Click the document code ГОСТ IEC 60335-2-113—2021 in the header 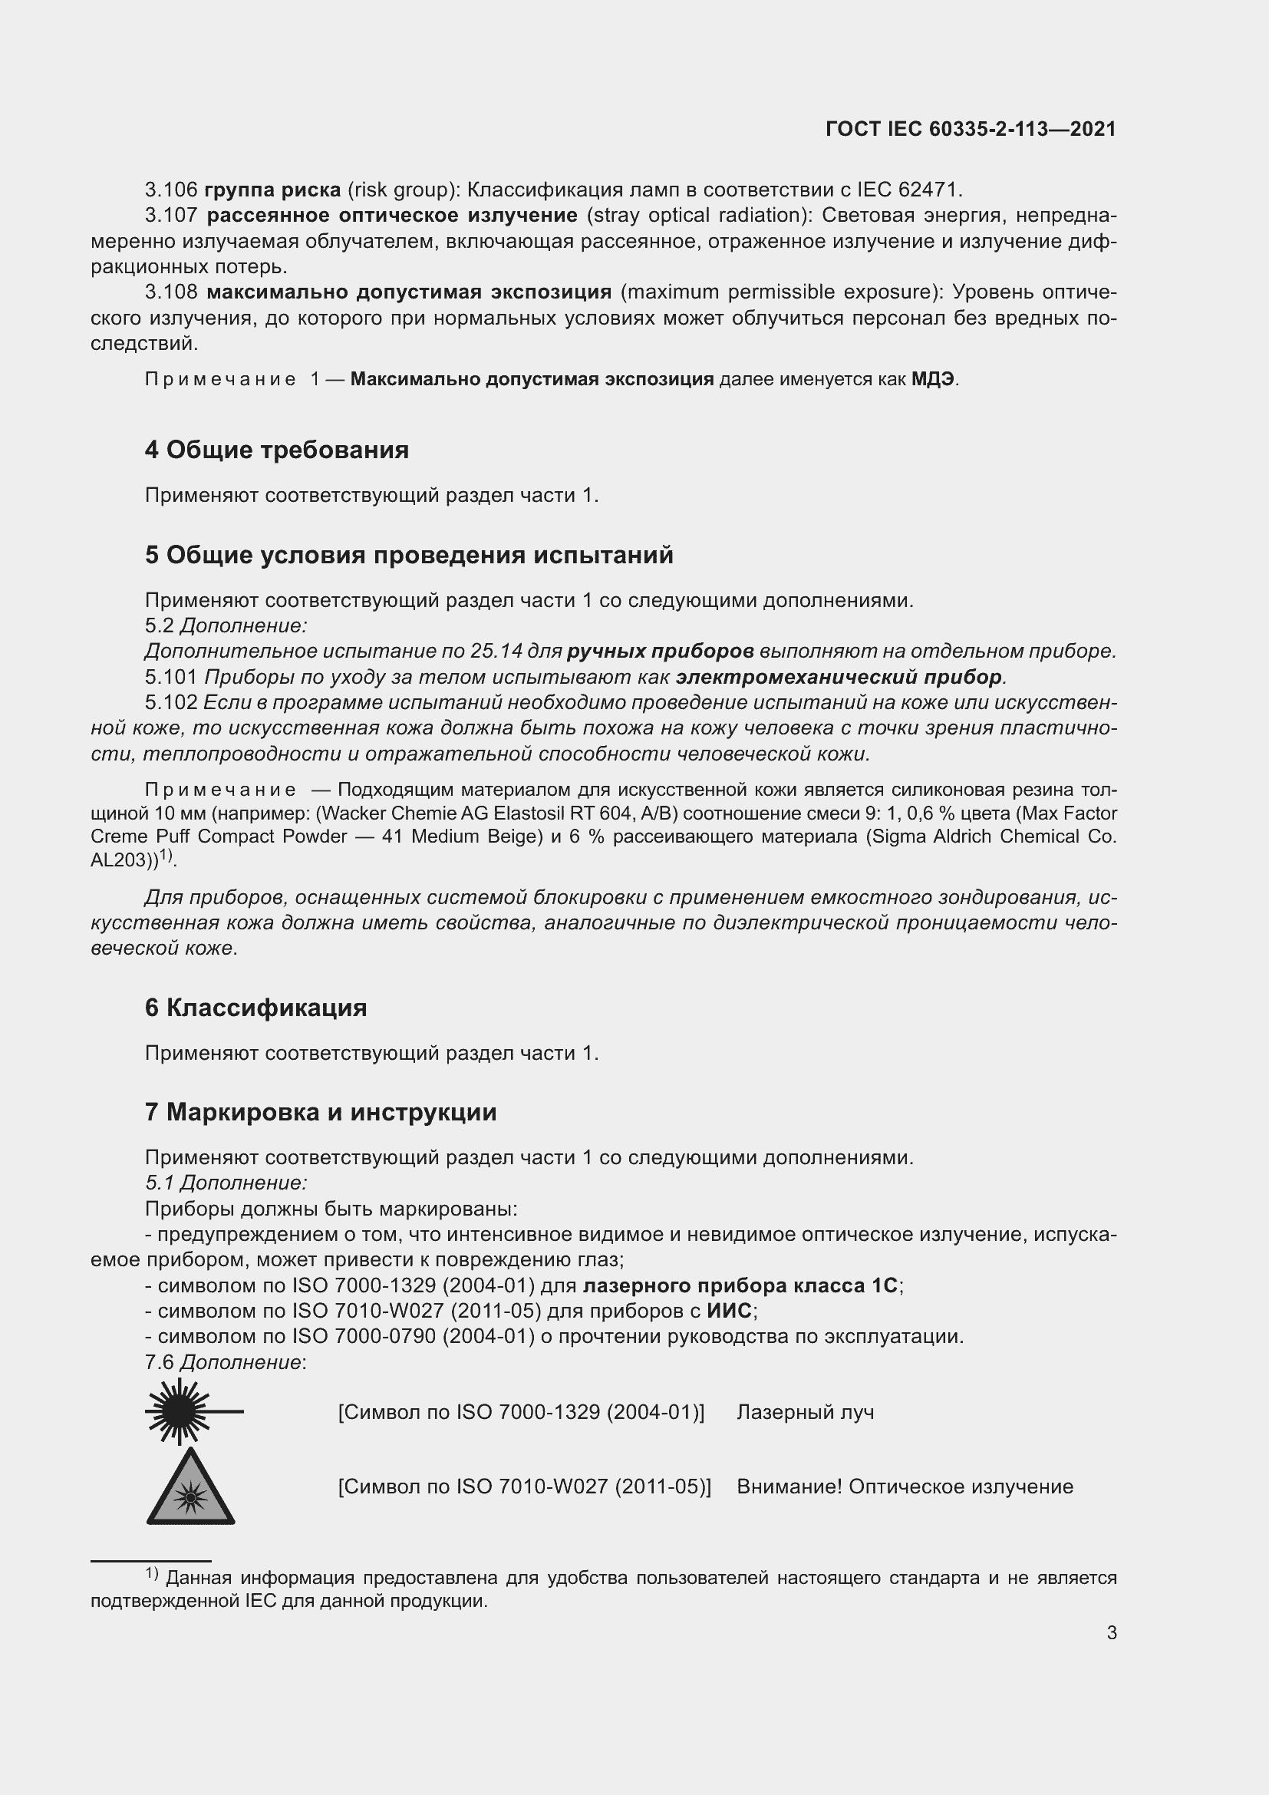coord(971,130)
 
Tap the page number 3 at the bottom coord(1111,1633)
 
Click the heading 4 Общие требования coord(277,450)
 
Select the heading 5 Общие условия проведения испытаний coord(409,555)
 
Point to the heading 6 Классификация coord(255,1008)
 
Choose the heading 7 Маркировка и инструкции coord(321,1112)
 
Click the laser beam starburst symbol coord(181,1412)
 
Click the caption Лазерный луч coord(805,1413)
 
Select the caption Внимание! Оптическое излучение coord(904,1487)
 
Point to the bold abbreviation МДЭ coord(933,380)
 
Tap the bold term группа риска coord(272,190)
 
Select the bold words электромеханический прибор coord(839,677)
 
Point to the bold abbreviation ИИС coord(730,1311)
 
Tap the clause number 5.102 coord(171,703)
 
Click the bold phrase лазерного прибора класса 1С coord(741,1285)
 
